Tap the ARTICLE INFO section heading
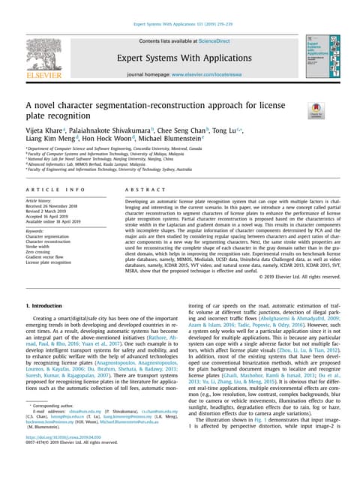pos(55,191)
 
